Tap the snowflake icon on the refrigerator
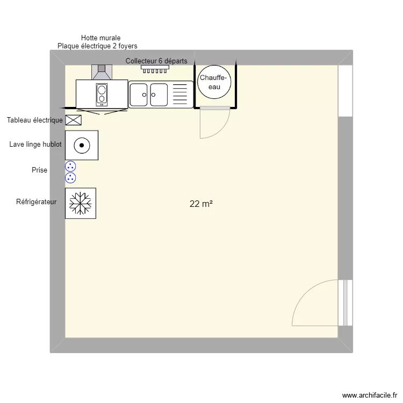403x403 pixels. coord(81,203)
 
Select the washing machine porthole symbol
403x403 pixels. coord(81,145)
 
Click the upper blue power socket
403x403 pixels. coord(70,167)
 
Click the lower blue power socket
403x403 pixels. coord(70,178)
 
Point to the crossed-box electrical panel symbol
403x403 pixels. coord(73,120)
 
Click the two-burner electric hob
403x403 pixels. coord(102,94)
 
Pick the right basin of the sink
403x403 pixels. coord(159,95)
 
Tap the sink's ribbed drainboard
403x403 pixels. coord(181,95)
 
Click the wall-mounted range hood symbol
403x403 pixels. coord(102,71)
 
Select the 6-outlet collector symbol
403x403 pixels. coord(155,69)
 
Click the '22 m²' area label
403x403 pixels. coord(201,204)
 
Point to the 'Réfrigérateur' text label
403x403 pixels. coord(36,202)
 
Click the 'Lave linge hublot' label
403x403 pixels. coord(35,145)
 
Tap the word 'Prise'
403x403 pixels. coord(39,170)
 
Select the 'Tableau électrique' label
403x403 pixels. coord(34,120)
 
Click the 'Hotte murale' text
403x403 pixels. coord(100,38)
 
